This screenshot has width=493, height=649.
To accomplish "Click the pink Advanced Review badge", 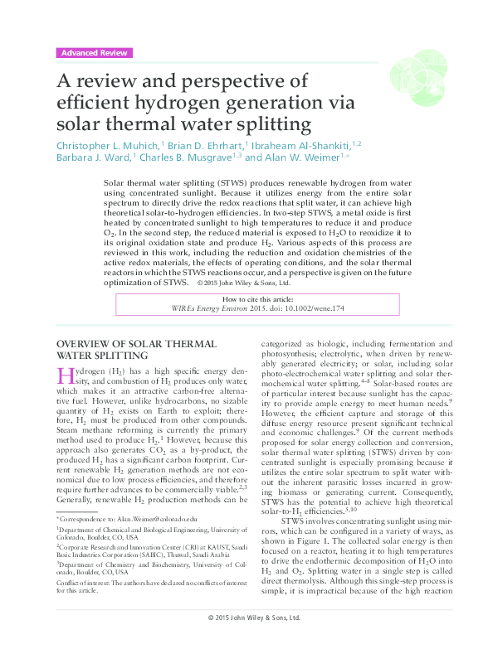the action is tap(94, 52).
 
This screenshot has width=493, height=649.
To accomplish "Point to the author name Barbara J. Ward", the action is tap(90, 157).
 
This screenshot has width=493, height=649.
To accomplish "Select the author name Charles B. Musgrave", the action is tap(184, 157).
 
